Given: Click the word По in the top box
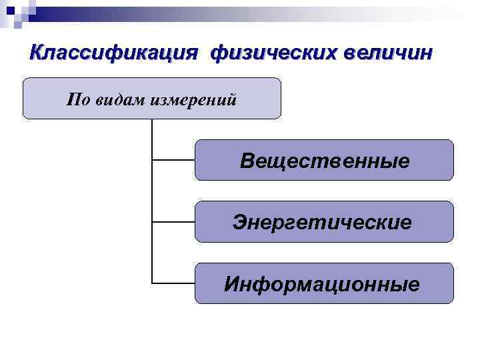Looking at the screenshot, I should coord(77,99).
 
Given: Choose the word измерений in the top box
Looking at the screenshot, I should coord(194,99).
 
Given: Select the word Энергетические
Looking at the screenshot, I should coord(322,222).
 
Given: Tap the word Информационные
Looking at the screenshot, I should coord(322,285).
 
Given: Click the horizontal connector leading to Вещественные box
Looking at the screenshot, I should coord(173,160).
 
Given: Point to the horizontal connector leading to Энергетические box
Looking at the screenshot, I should coord(173,221).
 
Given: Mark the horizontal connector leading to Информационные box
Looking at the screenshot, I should coord(173,283).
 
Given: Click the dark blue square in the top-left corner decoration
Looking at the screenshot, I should coord(10,9).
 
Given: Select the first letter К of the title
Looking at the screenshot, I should coord(37,52).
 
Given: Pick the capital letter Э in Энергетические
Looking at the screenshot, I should coord(239,222).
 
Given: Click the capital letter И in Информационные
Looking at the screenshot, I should coord(231,285).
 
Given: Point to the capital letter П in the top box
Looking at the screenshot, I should coord(73,99).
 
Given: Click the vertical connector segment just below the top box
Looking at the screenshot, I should coord(152,133).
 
